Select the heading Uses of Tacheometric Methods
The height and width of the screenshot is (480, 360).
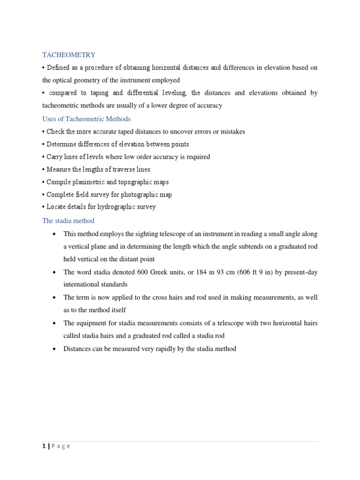tap(86, 119)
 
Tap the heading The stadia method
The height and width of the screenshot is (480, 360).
tap(68, 220)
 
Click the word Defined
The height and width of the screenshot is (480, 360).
tap(58, 68)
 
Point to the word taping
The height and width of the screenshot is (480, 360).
tap(111, 93)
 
